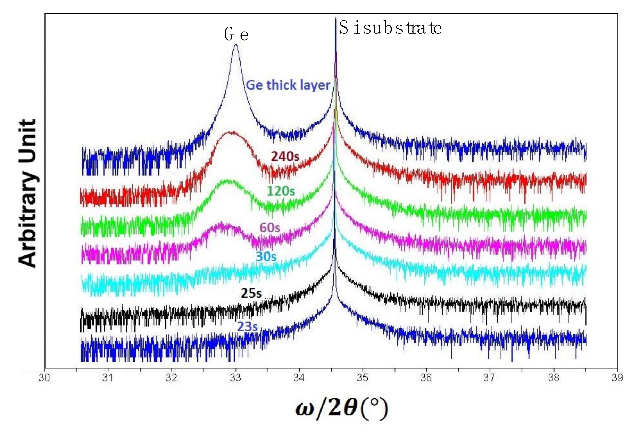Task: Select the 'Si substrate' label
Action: pyautogui.click(x=390, y=29)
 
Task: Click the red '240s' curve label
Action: pyautogui.click(x=285, y=157)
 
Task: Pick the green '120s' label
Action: pyautogui.click(x=281, y=191)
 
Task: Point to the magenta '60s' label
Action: pyautogui.click(x=269, y=228)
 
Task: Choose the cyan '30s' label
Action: pyautogui.click(x=266, y=257)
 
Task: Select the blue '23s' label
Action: pyautogui.click(x=247, y=327)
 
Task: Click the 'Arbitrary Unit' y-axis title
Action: pyautogui.click(x=27, y=193)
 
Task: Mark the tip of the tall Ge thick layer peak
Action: pyautogui.click(x=235, y=44)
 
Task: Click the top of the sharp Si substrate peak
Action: pyautogui.click(x=335, y=18)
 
